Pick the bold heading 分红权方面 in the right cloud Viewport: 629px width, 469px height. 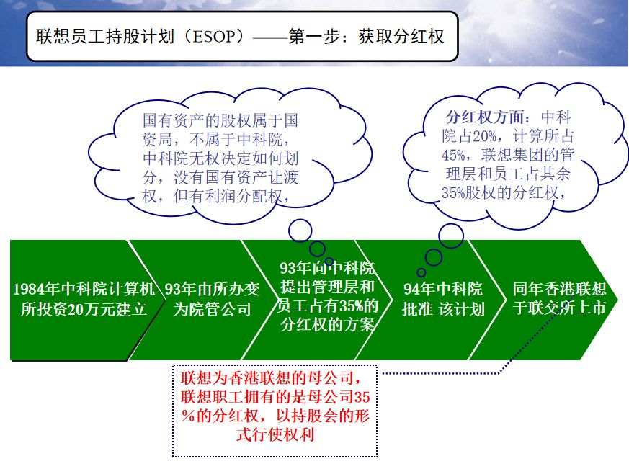(x=490, y=117)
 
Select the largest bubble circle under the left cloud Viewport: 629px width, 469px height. (x=300, y=231)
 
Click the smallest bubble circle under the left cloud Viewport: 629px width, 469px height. (x=329, y=262)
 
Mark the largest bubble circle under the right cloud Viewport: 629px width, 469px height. (x=451, y=236)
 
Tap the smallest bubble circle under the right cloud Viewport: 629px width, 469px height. (x=421, y=272)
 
